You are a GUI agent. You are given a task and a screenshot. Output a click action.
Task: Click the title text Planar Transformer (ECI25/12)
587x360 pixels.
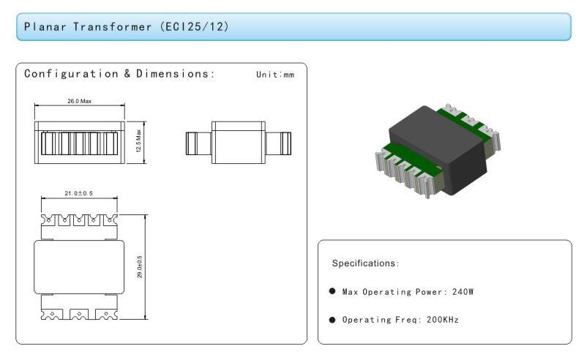coord(126,27)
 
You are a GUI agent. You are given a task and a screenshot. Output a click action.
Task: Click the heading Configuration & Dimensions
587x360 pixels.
coord(119,74)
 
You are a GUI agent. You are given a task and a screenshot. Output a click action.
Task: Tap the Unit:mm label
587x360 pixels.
coord(275,75)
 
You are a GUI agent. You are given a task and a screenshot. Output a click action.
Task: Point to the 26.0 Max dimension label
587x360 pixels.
coord(79,101)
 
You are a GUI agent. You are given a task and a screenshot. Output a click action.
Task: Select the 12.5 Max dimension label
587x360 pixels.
coord(138,141)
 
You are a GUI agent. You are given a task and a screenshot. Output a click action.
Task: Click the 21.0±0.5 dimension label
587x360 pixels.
coord(78,193)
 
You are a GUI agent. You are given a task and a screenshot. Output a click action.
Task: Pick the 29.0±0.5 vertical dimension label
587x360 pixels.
coord(140,267)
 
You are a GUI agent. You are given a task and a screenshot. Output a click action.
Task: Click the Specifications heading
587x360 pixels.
coord(365,263)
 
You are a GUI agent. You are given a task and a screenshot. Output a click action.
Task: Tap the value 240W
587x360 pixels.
coord(463,292)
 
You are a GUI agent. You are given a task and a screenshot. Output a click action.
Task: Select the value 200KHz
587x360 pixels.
coord(443,320)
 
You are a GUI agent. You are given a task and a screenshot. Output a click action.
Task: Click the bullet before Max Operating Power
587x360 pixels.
coord(332,291)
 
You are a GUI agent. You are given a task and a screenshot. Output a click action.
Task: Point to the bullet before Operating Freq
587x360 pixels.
coord(332,320)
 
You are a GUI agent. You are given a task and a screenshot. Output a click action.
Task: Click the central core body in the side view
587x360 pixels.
coord(239,143)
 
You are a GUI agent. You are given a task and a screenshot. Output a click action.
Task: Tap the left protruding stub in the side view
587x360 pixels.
coord(198,143)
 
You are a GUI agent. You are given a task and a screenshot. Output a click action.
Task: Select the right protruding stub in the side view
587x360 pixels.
coord(278,143)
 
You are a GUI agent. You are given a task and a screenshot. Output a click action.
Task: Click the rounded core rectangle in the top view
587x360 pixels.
coord(79,267)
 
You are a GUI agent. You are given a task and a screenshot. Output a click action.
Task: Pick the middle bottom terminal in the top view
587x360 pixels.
coord(79,315)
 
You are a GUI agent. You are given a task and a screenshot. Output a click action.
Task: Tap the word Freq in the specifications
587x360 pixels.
coord(406,320)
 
